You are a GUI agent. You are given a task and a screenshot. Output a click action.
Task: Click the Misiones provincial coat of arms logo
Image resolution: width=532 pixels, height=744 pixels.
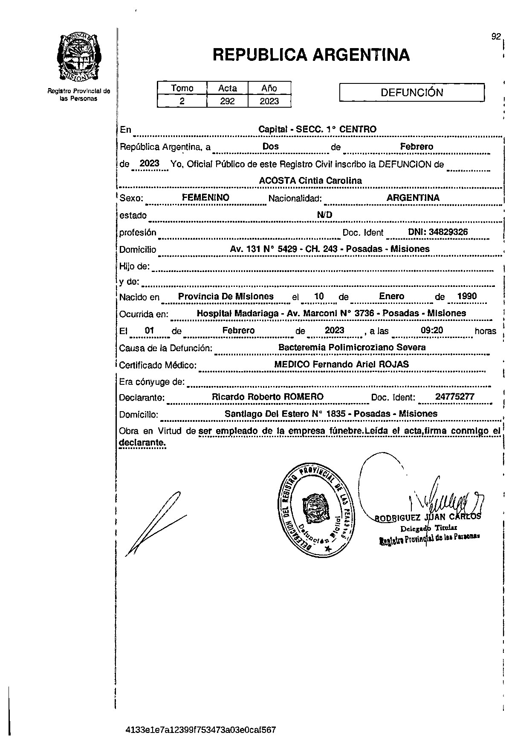79,57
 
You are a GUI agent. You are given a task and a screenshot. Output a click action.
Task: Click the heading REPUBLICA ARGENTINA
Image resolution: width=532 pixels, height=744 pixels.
311,55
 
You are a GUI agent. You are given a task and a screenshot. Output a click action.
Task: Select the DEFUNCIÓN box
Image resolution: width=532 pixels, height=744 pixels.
412,92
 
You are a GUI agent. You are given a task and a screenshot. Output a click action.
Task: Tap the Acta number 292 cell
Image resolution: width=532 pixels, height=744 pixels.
227,101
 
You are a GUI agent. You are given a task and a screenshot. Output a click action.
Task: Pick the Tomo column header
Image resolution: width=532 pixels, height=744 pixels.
182,88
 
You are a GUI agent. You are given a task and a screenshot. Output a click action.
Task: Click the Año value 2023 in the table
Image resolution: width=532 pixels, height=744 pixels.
269,101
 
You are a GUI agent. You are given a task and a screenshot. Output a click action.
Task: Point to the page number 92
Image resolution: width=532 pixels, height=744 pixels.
496,37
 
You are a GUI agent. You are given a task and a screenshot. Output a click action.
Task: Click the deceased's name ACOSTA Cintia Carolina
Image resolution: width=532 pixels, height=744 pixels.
310,180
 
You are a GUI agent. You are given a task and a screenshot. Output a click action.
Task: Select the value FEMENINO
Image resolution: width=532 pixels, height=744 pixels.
205,197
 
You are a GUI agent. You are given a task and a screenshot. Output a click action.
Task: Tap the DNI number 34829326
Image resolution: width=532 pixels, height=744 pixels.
438,232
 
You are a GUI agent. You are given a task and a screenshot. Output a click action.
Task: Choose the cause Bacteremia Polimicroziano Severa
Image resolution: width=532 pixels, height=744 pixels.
352,347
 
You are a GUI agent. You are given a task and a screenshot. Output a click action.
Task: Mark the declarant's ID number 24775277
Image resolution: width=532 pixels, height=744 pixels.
455,397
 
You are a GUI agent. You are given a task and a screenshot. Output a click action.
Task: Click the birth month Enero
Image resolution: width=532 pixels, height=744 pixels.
391,296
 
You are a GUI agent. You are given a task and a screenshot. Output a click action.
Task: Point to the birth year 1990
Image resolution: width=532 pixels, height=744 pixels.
467,296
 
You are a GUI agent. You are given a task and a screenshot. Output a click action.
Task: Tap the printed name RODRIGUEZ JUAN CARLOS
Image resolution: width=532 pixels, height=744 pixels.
428,517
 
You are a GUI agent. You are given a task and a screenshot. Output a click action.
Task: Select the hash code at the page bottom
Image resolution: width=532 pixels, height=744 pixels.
201,730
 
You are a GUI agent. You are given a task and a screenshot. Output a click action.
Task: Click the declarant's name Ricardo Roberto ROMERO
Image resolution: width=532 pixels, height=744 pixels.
268,397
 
